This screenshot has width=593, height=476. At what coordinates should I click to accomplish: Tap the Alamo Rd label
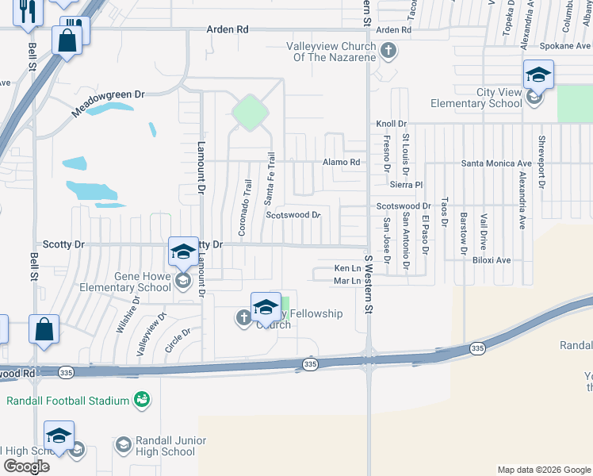pos(341,163)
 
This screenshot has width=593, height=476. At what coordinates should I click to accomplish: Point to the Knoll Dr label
pos(391,124)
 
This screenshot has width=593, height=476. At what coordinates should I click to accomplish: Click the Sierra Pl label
pos(407,183)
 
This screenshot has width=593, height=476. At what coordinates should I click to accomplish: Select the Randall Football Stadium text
pos(67,401)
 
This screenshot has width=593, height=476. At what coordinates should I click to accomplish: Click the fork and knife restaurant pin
pos(27,12)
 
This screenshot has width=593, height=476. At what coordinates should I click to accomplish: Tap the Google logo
pos(25,466)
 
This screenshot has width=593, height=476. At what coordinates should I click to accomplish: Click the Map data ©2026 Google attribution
pos(543,470)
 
